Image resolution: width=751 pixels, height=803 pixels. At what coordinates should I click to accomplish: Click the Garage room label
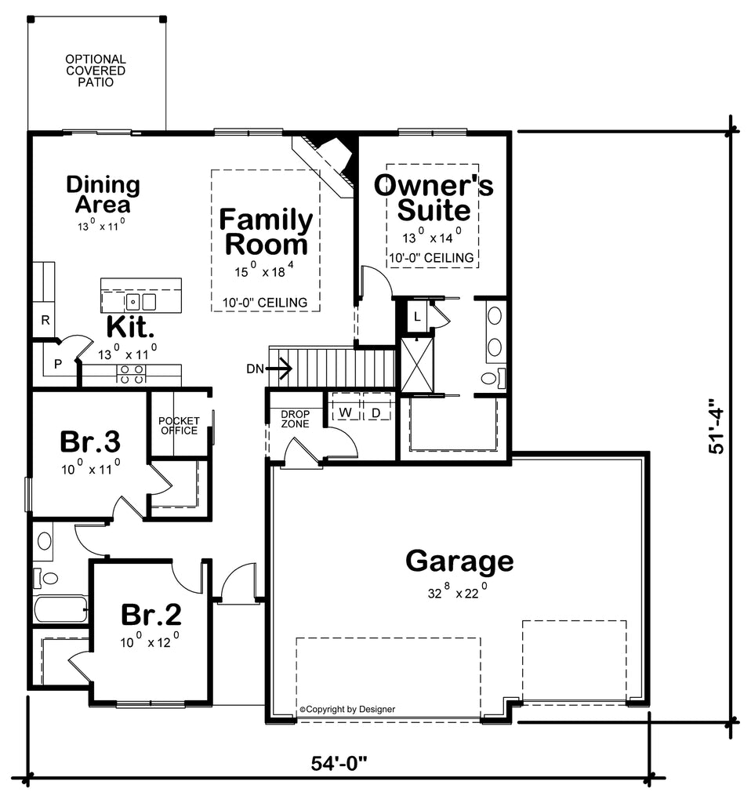tap(459, 561)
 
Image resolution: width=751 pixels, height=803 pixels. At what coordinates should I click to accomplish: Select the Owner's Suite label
tap(434, 198)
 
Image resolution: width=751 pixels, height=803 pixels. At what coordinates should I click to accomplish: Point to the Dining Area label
tap(103, 194)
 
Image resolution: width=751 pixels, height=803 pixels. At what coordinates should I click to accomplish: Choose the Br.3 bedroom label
tap(90, 441)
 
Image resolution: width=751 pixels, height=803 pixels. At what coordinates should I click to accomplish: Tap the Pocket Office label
tap(179, 425)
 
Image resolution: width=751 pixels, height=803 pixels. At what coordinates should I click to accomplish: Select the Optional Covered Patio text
tap(96, 70)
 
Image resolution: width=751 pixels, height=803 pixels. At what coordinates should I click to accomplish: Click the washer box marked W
tap(344, 412)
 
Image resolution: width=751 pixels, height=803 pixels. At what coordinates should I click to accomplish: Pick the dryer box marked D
tap(375, 412)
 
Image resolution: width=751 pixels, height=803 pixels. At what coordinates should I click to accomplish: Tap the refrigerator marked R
tap(45, 321)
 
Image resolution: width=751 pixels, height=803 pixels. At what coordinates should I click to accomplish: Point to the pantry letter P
tap(57, 364)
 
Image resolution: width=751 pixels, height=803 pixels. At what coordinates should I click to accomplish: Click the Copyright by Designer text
tap(347, 709)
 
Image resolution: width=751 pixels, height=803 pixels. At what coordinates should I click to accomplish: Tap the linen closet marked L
tap(417, 315)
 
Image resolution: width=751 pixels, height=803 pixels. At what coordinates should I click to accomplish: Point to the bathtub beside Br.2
tap(60, 609)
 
